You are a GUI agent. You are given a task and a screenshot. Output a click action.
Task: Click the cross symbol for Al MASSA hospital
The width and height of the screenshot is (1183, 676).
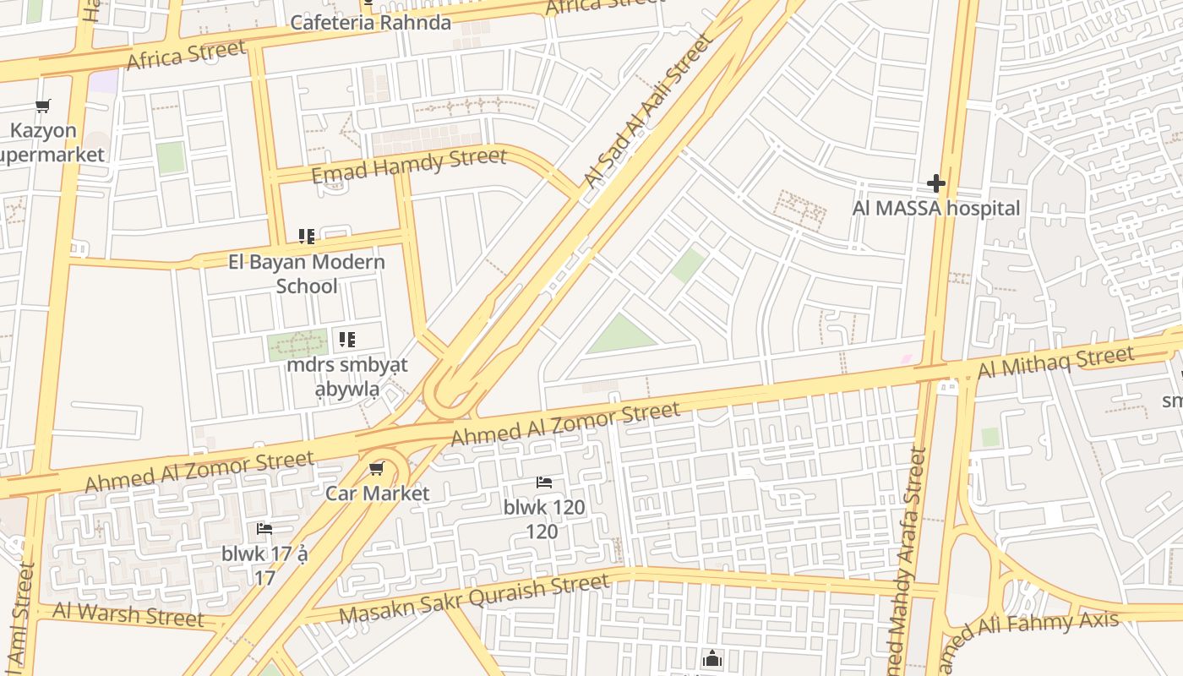(935, 183)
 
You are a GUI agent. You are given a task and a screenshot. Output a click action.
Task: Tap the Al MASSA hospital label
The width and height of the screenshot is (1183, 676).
(935, 208)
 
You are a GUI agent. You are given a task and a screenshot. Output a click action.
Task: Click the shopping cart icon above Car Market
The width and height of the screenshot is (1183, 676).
(377, 469)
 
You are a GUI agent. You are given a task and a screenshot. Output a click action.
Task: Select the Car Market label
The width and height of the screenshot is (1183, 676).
(378, 493)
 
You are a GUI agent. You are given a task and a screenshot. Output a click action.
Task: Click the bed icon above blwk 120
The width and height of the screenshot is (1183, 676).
(544, 482)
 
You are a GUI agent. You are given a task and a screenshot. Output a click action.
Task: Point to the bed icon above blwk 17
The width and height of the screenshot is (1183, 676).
(264, 529)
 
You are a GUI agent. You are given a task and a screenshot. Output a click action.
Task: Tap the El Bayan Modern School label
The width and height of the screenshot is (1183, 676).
(307, 274)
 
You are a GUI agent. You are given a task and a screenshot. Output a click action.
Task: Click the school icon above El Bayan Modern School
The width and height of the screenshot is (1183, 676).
(307, 237)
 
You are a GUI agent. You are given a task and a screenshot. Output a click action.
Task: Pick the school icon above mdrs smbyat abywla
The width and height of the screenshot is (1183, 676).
(347, 340)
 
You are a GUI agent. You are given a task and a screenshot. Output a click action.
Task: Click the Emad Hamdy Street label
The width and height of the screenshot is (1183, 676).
(409, 165)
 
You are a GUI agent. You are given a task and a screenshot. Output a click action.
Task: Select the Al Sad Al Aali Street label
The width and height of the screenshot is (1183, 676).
(649, 110)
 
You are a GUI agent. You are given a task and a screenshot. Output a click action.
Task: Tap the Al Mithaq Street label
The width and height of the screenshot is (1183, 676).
(1055, 363)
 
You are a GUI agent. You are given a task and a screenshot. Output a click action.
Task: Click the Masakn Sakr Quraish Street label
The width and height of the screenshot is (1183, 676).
(474, 599)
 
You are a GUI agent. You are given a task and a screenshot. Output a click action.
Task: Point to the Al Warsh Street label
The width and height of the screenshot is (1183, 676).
(128, 614)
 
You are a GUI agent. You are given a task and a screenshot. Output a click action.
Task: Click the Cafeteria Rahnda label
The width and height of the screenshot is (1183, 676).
(370, 22)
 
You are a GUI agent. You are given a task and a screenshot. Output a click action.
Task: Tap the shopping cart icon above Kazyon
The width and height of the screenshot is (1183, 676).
(43, 106)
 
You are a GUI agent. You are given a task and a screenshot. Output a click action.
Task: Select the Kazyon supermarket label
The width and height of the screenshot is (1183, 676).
(46, 143)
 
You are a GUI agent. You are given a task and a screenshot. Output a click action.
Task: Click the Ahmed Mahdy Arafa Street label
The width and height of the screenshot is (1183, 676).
(905, 558)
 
